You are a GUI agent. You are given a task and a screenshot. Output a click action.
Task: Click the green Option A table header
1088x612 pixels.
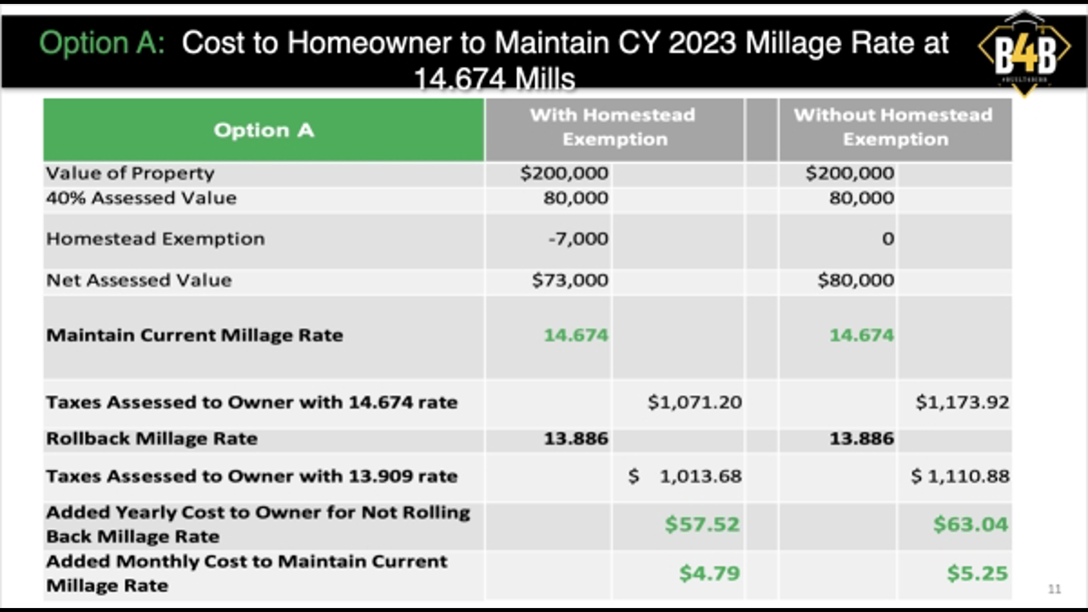[264, 130]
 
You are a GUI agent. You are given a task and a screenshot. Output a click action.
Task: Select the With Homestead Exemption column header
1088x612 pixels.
[614, 127]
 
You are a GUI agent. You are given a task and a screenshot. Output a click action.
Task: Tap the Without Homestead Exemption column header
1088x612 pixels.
[895, 127]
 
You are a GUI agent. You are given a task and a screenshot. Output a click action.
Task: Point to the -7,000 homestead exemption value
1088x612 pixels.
[578, 239]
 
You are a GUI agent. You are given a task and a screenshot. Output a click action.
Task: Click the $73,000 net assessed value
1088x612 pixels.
[570, 280]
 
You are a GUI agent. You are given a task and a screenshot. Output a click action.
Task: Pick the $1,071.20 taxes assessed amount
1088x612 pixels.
[695, 402]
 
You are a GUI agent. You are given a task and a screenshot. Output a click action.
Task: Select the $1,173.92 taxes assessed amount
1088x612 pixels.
[962, 402]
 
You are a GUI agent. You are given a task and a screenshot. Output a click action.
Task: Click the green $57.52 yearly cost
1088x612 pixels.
[702, 524]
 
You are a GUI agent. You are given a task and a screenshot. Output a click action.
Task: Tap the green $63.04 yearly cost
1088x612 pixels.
[971, 524]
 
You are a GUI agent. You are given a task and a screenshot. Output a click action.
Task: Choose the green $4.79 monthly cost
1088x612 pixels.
[709, 573]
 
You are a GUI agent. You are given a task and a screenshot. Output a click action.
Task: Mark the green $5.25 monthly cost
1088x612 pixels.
[977, 573]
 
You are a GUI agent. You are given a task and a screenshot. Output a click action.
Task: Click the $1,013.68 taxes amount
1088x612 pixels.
[685, 476]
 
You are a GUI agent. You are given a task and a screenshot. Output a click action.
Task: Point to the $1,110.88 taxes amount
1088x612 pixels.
[960, 476]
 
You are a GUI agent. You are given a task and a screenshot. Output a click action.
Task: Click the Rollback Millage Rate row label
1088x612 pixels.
[152, 439]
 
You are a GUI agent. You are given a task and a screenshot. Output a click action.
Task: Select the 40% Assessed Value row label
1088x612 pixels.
[141, 198]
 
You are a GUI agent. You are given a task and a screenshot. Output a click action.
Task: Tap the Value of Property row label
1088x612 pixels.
[130, 173]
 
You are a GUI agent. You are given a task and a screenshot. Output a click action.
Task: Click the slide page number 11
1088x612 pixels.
[1054, 589]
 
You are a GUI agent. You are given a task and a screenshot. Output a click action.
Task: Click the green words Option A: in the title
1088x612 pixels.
[102, 43]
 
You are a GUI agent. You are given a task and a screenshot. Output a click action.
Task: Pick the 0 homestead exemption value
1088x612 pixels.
[888, 239]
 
